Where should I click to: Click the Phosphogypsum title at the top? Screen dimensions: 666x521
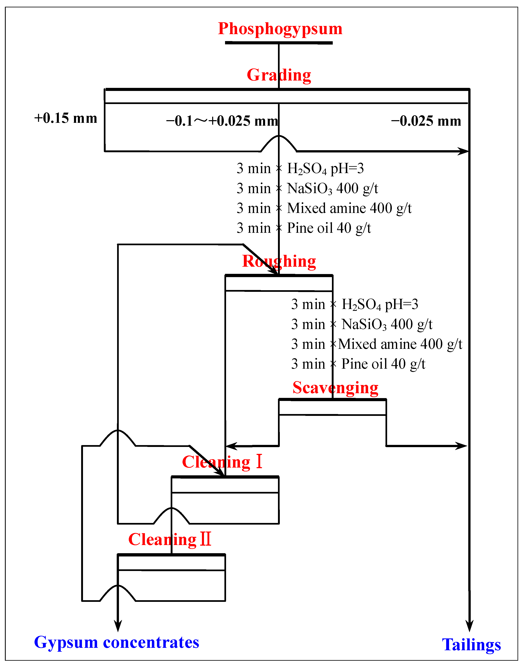[280, 29]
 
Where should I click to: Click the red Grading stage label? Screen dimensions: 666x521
[279, 75]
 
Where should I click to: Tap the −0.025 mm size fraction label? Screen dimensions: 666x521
[426, 121]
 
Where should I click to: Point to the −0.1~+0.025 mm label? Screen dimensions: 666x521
[222, 121]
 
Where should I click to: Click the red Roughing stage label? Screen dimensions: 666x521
[279, 261]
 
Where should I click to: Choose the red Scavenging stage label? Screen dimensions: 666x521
[335, 388]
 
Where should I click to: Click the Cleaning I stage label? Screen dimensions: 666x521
[222, 462]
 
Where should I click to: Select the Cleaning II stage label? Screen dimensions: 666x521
[170, 540]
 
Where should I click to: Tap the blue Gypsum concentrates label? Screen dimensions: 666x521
[117, 642]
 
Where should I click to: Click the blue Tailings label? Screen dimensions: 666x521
[471, 645]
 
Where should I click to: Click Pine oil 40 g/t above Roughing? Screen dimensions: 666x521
[329, 228]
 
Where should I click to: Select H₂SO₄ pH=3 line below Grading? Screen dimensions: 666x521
[325, 169]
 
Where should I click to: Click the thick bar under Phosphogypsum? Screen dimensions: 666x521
[279, 43]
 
